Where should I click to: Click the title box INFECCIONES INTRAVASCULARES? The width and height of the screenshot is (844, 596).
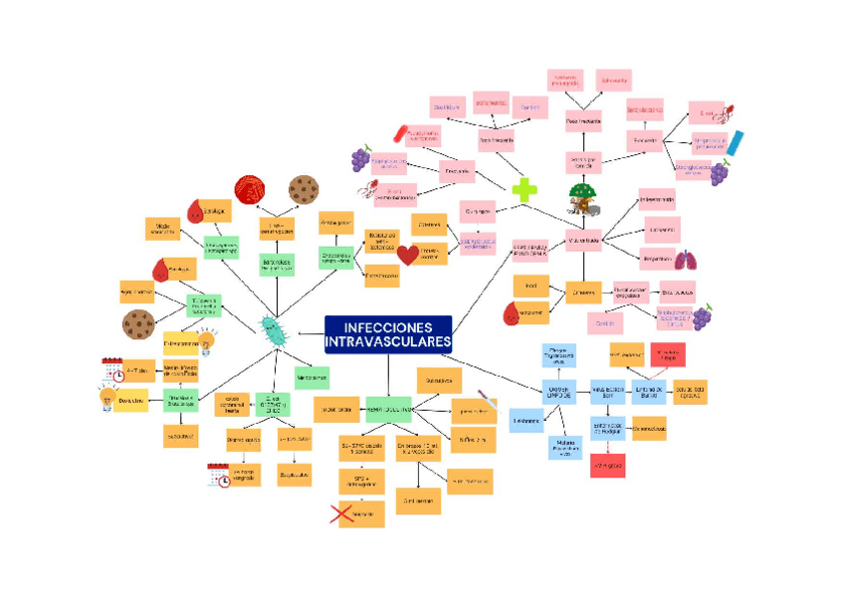pyautogui.click(x=388, y=334)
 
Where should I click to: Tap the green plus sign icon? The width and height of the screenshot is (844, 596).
pyautogui.click(x=525, y=189)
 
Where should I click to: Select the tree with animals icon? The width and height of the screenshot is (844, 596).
pyautogui.click(x=583, y=198)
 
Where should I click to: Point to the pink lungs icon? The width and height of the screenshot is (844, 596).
pyautogui.click(x=686, y=261)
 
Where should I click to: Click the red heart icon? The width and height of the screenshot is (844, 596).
pyautogui.click(x=408, y=255)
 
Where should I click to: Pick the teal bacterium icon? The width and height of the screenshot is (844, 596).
pyautogui.click(x=272, y=328)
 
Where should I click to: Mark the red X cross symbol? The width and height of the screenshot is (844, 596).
pyautogui.click(x=343, y=513)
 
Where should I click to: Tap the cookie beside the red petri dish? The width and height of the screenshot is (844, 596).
pyautogui.click(x=303, y=188)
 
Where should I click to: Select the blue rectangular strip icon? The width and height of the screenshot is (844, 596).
pyautogui.click(x=735, y=142)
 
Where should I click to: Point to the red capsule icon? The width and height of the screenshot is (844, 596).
pyautogui.click(x=402, y=132)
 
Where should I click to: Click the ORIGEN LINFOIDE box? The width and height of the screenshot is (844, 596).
pyautogui.click(x=559, y=393)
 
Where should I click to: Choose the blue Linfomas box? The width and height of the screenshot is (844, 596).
pyautogui.click(x=527, y=421)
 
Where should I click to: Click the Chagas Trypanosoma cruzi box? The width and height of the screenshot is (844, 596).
pyautogui.click(x=559, y=355)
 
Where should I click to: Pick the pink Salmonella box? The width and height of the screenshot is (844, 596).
pyautogui.click(x=614, y=79)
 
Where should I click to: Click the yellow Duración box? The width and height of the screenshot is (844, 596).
pyautogui.click(x=131, y=400)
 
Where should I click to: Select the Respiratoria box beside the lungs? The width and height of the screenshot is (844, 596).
pyautogui.click(x=656, y=259)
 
